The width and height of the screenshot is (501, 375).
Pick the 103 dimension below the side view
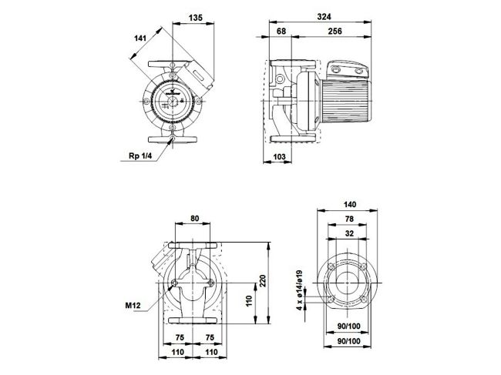click(x=281, y=157)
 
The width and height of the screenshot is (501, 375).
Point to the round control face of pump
click(x=170, y=101)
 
